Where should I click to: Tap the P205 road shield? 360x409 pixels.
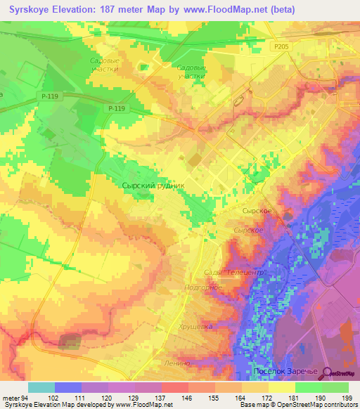(282, 46)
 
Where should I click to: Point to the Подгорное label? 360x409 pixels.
(202, 287)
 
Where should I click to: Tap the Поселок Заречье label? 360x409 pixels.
(285, 370)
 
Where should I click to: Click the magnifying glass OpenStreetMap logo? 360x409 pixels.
(325, 373)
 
